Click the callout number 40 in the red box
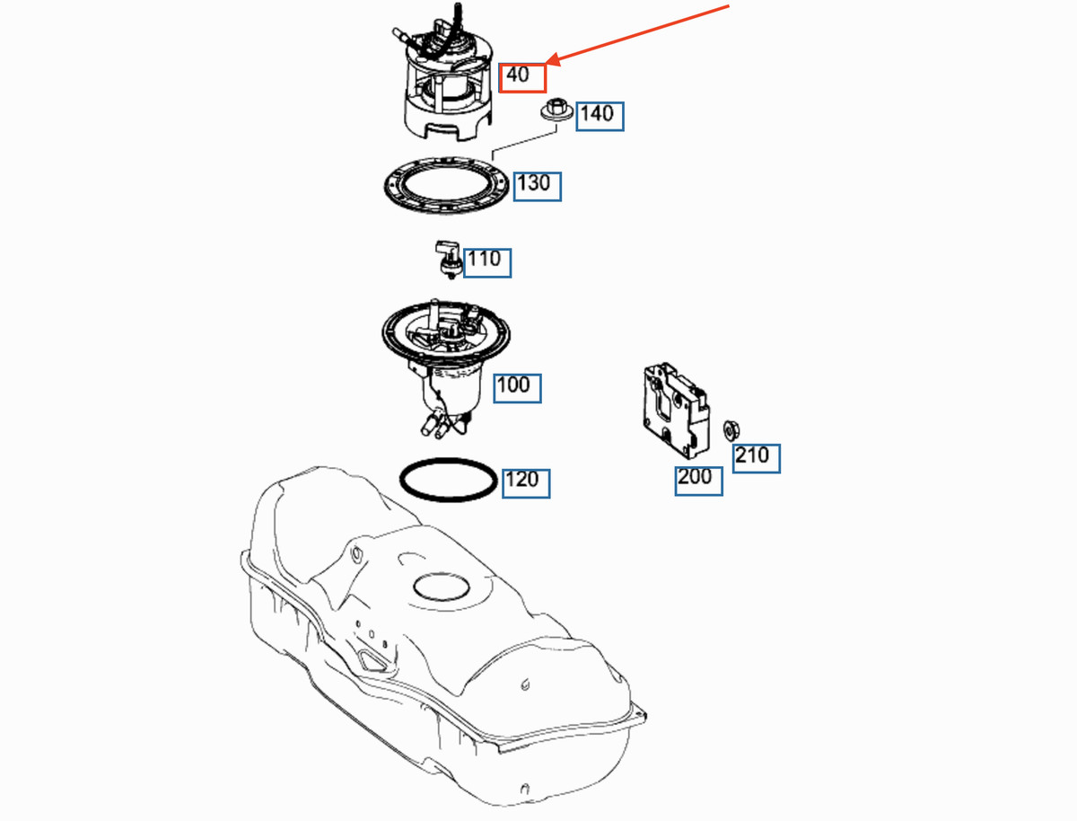coord(518,75)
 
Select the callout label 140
coord(597,114)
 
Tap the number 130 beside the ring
coord(534,183)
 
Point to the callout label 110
coord(484,259)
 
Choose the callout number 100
coord(513,384)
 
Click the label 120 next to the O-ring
coord(522,479)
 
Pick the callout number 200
coord(695,476)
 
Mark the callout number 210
coord(752,455)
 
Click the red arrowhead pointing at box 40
coord(553,60)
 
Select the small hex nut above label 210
coord(731,430)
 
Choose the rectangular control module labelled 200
coord(676,410)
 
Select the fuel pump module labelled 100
coord(445,368)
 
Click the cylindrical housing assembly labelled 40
coord(448,74)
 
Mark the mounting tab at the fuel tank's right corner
coord(639,711)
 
